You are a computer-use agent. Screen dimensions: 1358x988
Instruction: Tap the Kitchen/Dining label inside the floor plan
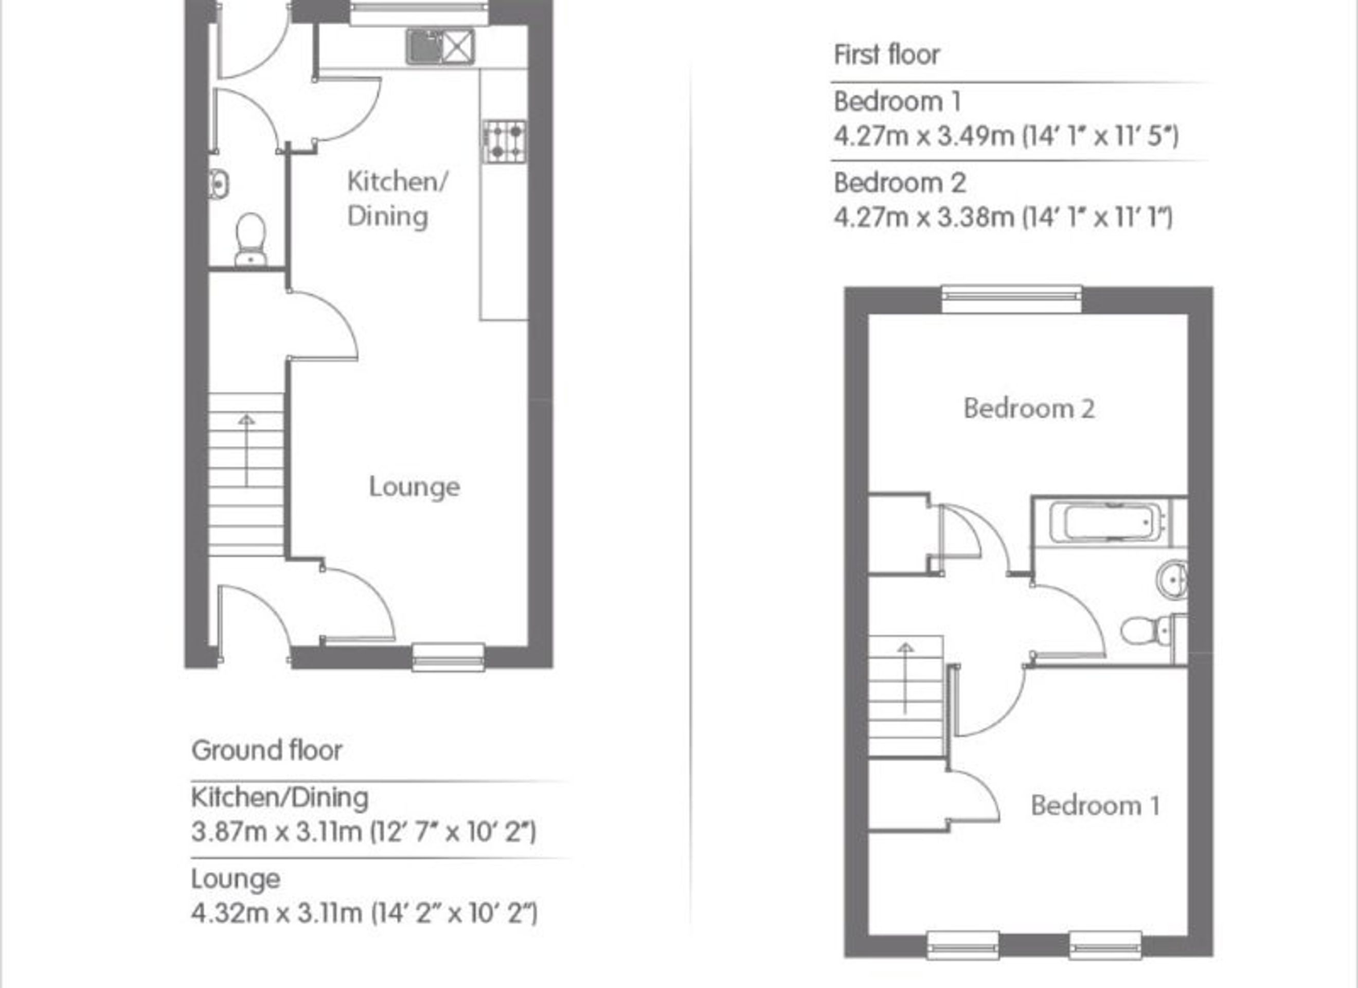click(x=397, y=199)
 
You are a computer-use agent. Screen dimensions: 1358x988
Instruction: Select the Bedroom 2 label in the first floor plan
click(x=1029, y=408)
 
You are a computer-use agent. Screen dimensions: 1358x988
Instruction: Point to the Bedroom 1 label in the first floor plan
click(x=1095, y=805)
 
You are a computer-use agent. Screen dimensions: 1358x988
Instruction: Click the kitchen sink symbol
click(x=441, y=47)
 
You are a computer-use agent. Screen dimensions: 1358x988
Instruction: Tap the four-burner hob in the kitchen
click(x=504, y=142)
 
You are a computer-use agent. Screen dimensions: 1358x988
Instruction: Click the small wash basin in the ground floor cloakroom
click(x=219, y=184)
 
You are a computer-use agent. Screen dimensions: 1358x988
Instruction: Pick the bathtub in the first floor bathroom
click(x=1106, y=521)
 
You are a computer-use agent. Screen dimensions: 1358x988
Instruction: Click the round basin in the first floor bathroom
click(x=1172, y=579)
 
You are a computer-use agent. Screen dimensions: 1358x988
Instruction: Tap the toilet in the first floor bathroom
click(x=1153, y=631)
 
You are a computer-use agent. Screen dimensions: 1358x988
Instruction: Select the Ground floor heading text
click(x=266, y=750)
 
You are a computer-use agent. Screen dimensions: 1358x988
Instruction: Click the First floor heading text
click(x=886, y=55)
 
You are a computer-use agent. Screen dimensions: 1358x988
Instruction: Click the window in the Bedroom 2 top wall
click(x=1012, y=299)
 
